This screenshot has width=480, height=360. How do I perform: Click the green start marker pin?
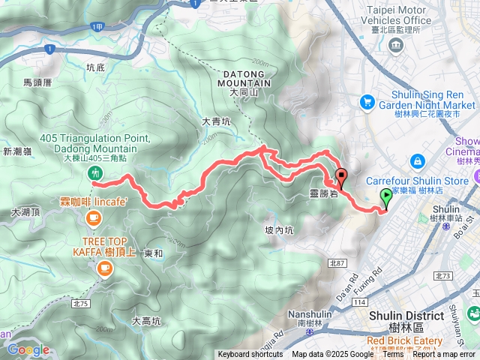(386, 199)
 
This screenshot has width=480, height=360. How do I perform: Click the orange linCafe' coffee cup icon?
(93, 217)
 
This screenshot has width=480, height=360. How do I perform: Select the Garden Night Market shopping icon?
(367, 101)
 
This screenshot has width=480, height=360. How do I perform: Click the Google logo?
(28, 349)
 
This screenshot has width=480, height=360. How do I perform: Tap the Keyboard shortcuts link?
(250, 355)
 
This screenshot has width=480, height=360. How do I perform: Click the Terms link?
(393, 355)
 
